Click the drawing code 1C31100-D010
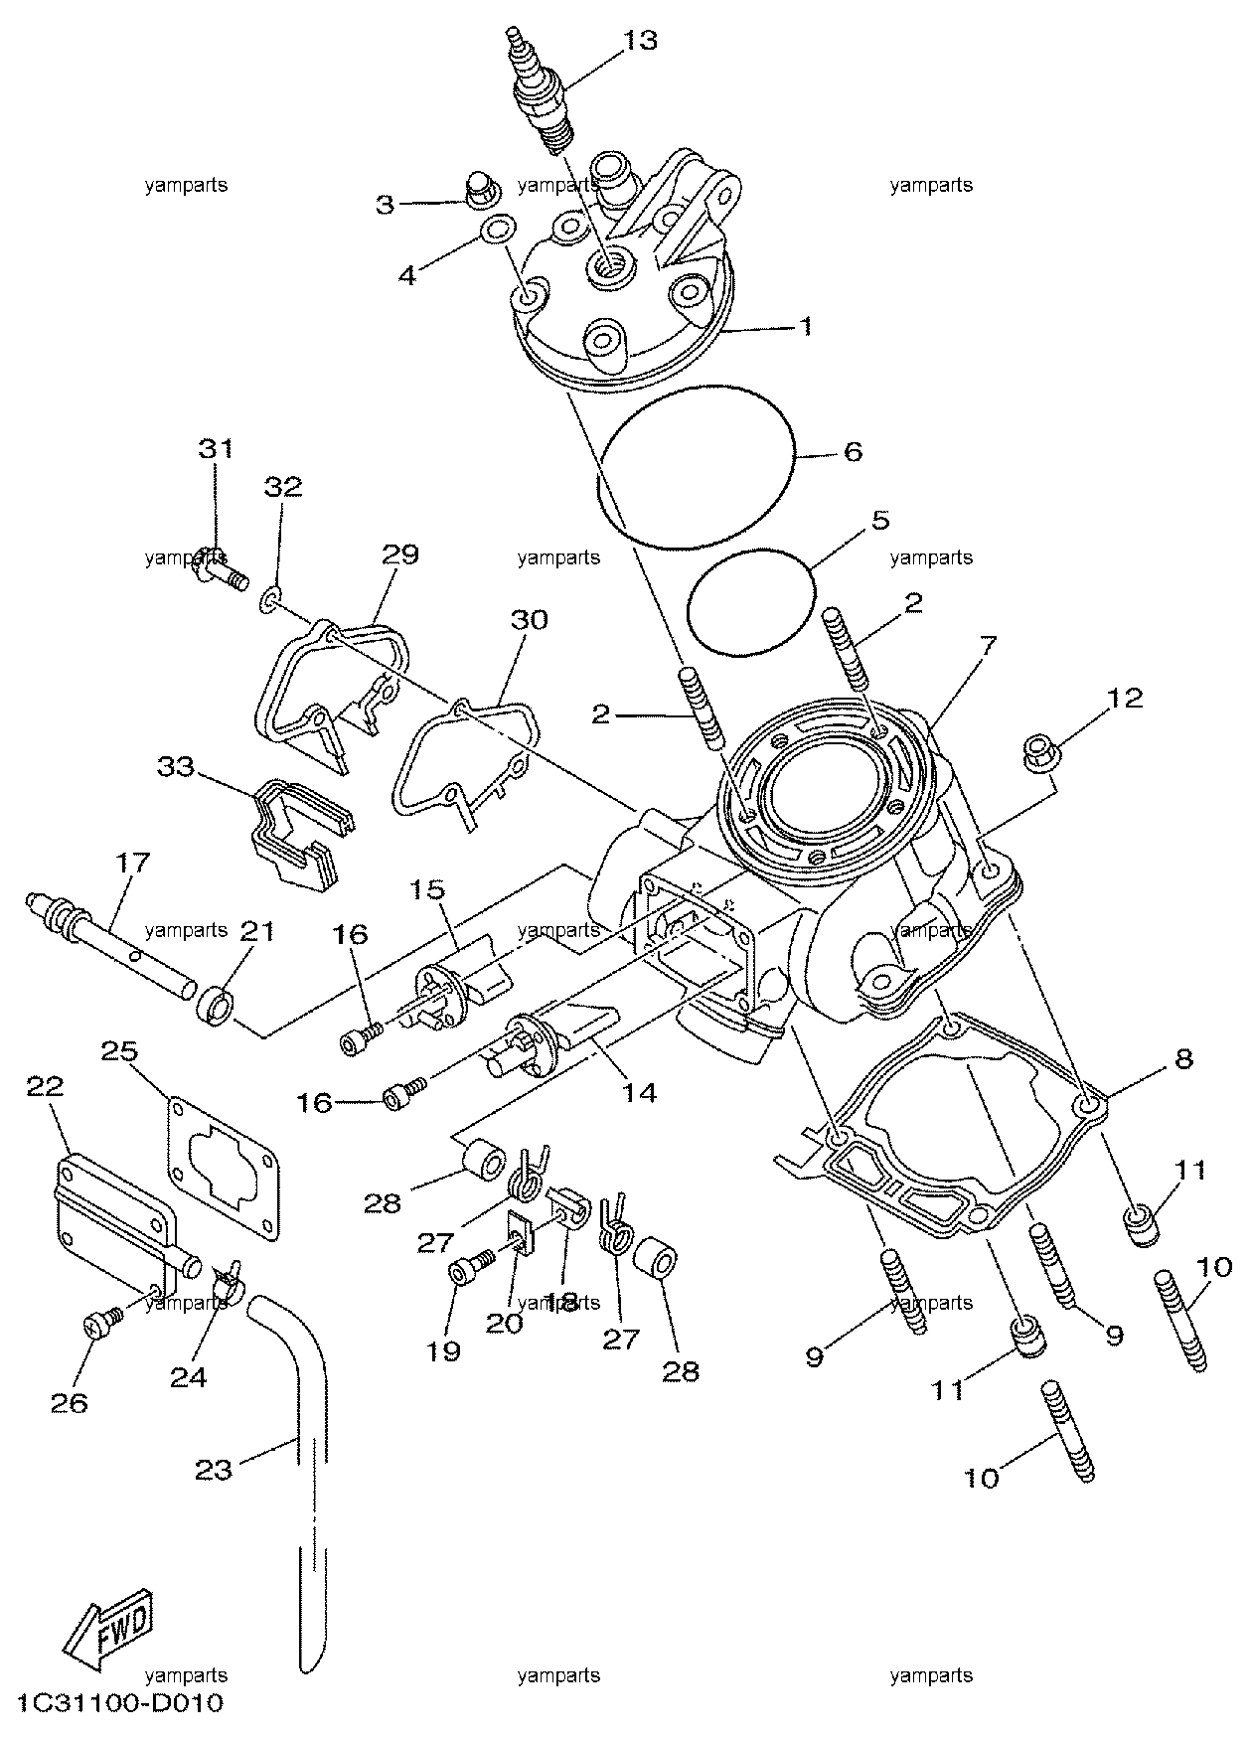pos(118,1703)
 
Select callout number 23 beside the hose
pos(214,1469)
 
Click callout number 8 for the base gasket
pos(1182,1059)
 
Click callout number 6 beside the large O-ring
pos(853,451)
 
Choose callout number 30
pos(529,620)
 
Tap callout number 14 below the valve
pos(639,1093)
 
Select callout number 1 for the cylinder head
pos(807,326)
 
